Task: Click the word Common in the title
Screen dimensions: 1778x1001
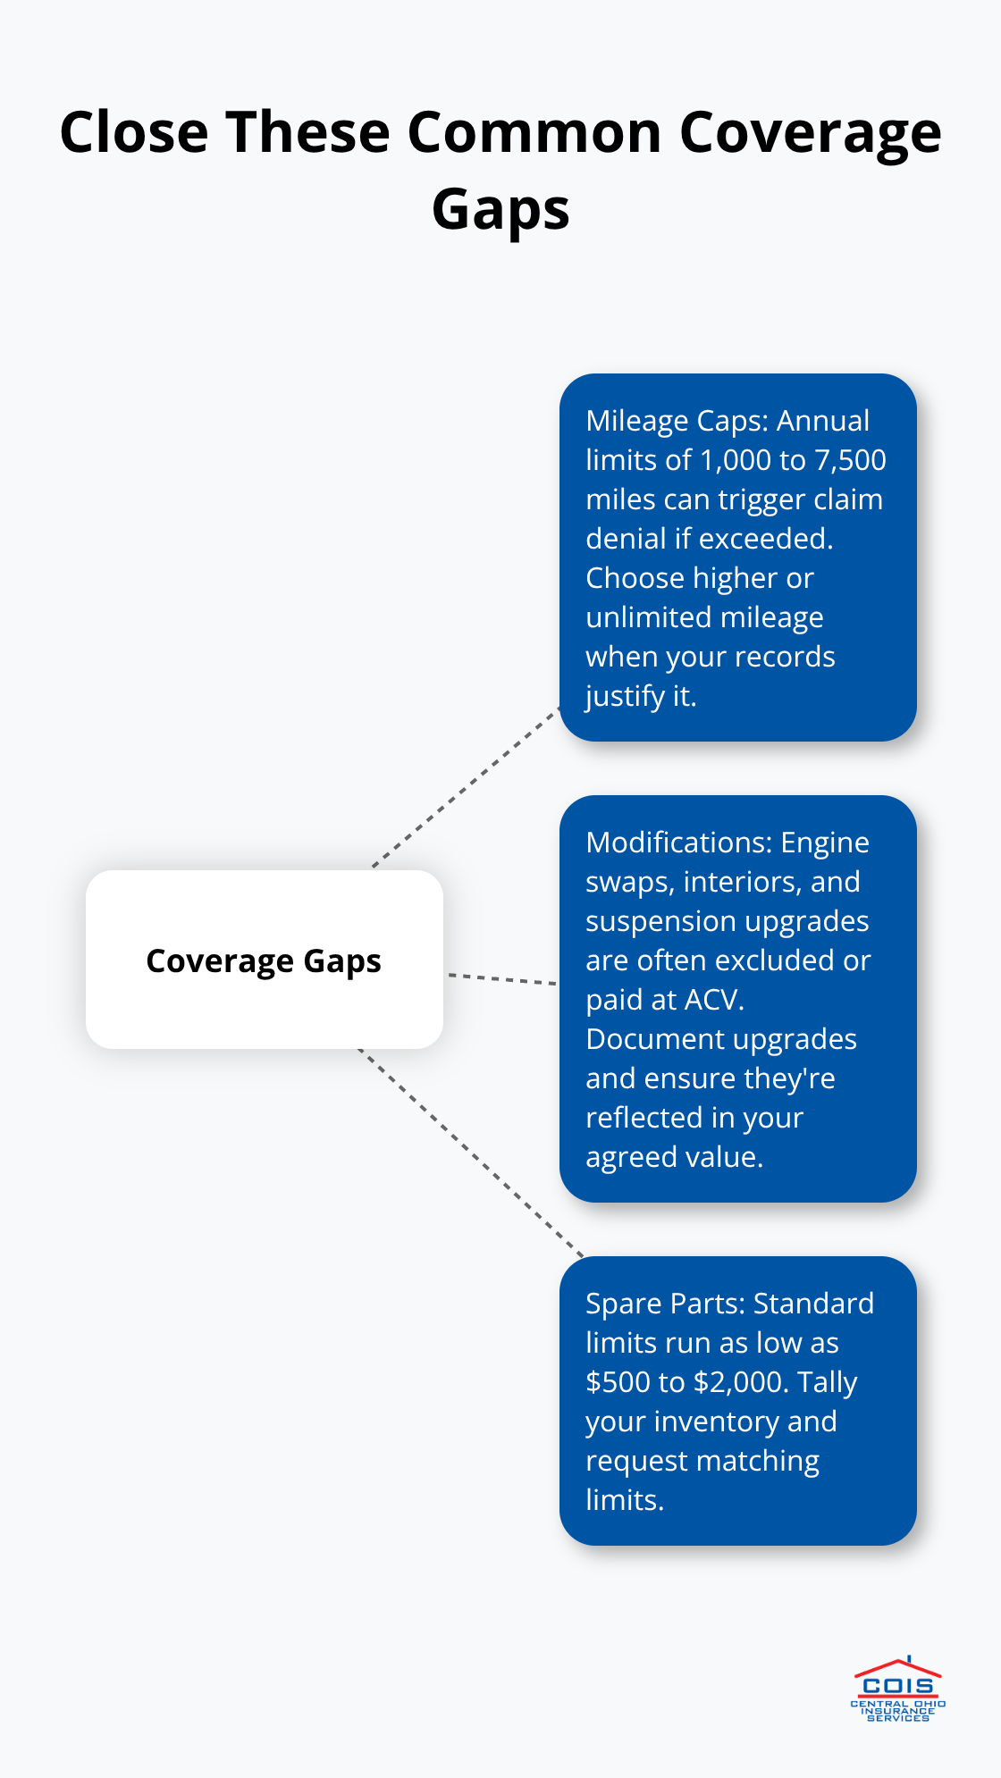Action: click(534, 132)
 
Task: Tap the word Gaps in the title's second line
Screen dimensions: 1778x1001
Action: click(500, 209)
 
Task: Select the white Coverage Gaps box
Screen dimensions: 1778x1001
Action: click(264, 960)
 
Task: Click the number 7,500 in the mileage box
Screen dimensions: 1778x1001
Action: click(849, 460)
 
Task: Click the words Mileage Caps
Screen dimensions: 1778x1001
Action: click(676, 421)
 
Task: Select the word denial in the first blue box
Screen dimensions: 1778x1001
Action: click(619, 539)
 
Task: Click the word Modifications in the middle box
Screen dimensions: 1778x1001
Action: click(678, 843)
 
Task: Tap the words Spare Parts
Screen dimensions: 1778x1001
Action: click(663, 1304)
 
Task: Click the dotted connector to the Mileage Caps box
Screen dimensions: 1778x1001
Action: click(466, 788)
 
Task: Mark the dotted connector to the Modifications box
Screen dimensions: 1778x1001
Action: click(502, 979)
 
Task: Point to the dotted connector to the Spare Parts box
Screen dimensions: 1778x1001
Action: click(469, 1153)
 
